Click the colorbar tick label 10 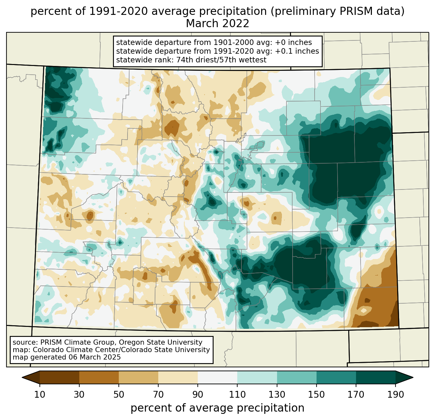pyautogui.click(x=39, y=394)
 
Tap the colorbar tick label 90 pyautogui.click(x=198, y=394)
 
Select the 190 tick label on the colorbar pyautogui.click(x=396, y=394)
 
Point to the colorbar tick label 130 pyautogui.click(x=277, y=394)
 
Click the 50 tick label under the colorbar pyautogui.click(x=119, y=394)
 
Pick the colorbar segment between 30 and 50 pyautogui.click(x=99, y=377)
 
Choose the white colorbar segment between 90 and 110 pyautogui.click(x=217, y=377)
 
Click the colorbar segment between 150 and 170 pyautogui.click(x=336, y=377)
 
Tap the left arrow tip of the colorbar pyautogui.click(x=22, y=377)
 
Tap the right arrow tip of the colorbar pyautogui.click(x=413, y=377)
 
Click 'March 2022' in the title pyautogui.click(x=217, y=24)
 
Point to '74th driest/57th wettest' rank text pyautogui.click(x=221, y=60)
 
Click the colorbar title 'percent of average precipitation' pyautogui.click(x=217, y=408)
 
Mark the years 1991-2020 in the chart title pyautogui.click(x=118, y=11)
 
